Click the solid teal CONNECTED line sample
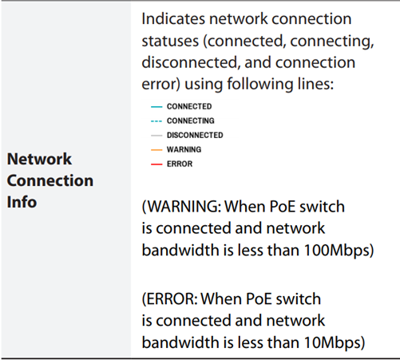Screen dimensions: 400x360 click(156, 107)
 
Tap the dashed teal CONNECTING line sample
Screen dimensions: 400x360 click(156, 121)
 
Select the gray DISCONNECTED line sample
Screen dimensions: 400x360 click(156, 136)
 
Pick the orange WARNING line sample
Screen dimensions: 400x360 click(156, 150)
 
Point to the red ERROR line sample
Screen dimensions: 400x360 click(156, 164)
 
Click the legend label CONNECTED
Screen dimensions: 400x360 click(189, 106)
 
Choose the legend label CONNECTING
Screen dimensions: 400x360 click(191, 121)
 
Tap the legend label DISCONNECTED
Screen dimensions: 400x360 click(195, 135)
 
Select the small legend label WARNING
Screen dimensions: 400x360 click(184, 149)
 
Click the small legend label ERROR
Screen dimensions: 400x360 click(180, 164)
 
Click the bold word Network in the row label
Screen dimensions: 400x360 click(39, 159)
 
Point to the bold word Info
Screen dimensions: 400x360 click(22, 202)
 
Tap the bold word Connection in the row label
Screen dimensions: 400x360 click(50, 180)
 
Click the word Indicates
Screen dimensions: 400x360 click(173, 19)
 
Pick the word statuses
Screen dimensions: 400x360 click(170, 41)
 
